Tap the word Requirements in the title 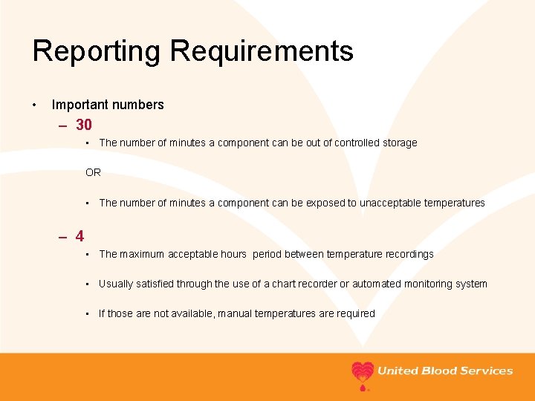tap(262, 51)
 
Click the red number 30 tap(84, 125)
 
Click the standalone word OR tap(93, 172)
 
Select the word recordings tap(407, 254)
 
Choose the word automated tap(377, 284)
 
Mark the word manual tap(237, 313)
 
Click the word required tap(356, 313)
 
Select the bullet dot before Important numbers tap(35, 105)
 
